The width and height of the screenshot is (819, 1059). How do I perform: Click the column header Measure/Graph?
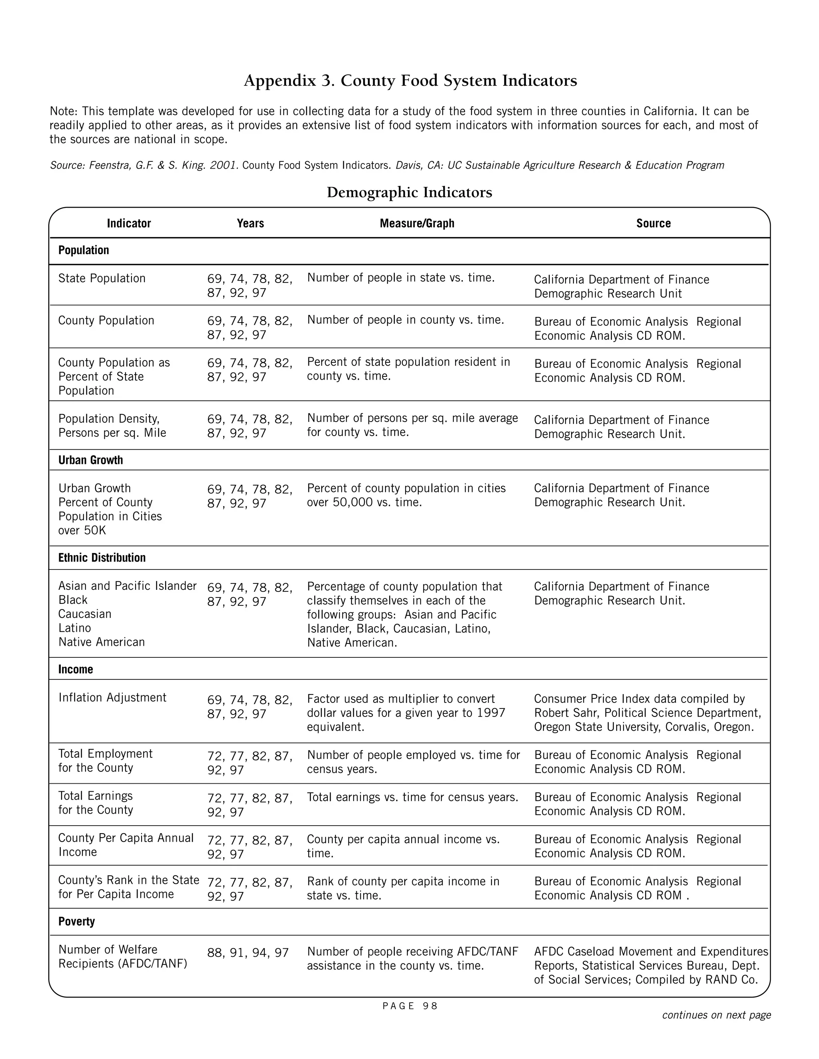click(x=417, y=223)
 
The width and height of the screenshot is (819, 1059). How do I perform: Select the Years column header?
click(x=250, y=223)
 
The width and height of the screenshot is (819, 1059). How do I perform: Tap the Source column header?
click(x=653, y=223)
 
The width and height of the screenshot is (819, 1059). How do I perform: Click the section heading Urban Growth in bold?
click(x=91, y=460)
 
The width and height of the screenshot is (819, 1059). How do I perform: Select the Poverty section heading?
click(x=77, y=921)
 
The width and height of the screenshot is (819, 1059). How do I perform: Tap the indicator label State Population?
click(x=102, y=278)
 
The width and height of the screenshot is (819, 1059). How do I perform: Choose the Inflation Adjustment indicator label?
click(x=112, y=697)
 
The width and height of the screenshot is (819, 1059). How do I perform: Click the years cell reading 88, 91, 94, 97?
click(x=248, y=953)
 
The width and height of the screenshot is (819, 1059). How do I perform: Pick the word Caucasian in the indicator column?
click(x=85, y=614)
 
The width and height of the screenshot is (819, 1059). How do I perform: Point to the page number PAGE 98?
click(x=410, y=1006)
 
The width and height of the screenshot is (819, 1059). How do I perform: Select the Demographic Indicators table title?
click(x=409, y=193)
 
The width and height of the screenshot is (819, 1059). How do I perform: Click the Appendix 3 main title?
click(x=410, y=80)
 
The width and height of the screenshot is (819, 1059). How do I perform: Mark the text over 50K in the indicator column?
click(x=82, y=530)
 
